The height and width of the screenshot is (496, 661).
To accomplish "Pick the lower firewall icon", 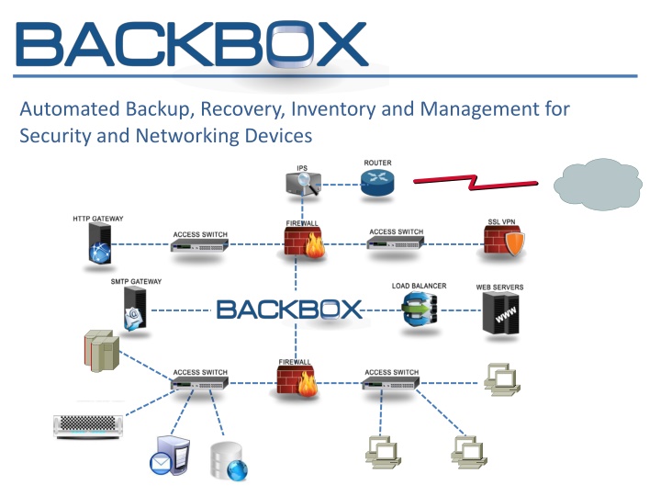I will (x=297, y=380).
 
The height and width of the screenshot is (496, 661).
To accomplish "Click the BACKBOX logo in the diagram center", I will (x=290, y=309).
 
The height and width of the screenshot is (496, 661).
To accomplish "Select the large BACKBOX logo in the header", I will (x=192, y=46).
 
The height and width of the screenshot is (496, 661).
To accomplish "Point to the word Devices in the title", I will (x=275, y=136).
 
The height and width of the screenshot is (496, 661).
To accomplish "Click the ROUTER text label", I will (x=377, y=163).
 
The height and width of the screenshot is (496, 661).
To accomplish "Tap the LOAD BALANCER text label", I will (x=419, y=286).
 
